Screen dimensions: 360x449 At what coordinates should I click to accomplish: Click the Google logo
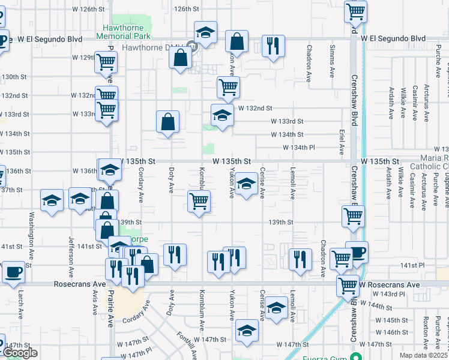20,352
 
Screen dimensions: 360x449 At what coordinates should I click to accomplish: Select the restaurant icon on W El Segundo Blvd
273,46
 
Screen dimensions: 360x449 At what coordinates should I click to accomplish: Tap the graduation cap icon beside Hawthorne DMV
206,34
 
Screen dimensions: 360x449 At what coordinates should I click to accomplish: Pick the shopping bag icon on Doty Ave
168,122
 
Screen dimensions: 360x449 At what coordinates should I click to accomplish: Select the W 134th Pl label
299,148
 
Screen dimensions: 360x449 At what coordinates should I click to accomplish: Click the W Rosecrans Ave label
389,284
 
